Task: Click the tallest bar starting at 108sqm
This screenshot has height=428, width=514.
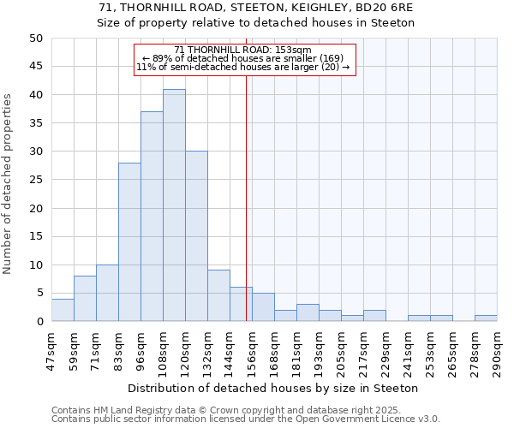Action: pos(174,205)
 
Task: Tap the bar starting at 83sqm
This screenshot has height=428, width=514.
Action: pos(129,242)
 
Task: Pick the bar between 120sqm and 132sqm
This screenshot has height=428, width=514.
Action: pos(196,236)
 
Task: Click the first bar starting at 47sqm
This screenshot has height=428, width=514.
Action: pos(63,310)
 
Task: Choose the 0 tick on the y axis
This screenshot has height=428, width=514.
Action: pos(39,322)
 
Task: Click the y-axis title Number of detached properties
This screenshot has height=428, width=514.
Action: pos(9,184)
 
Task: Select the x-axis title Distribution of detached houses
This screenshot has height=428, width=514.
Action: pos(273,388)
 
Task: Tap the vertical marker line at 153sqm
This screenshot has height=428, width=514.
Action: pos(247,197)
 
